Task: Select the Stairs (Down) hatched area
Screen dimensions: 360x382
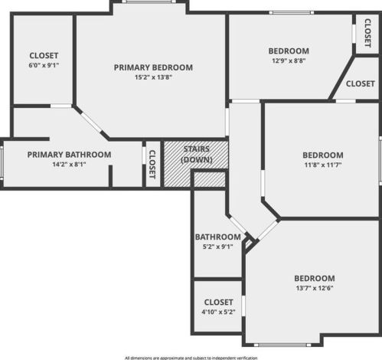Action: point(196,155)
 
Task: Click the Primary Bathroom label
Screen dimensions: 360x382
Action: point(69,155)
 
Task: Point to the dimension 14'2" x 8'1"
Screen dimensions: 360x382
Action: point(69,165)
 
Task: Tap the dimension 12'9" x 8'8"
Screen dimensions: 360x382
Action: point(289,61)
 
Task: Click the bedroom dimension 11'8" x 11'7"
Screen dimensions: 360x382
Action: point(322,165)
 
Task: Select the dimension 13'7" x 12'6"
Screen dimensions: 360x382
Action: point(315,288)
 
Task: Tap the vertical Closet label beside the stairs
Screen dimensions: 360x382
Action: point(152,164)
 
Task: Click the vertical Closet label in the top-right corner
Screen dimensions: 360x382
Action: point(367,33)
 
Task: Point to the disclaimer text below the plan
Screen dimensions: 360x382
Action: point(191,357)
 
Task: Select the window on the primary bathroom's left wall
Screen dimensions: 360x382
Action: point(2,162)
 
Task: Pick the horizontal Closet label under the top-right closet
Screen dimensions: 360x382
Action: point(360,83)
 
